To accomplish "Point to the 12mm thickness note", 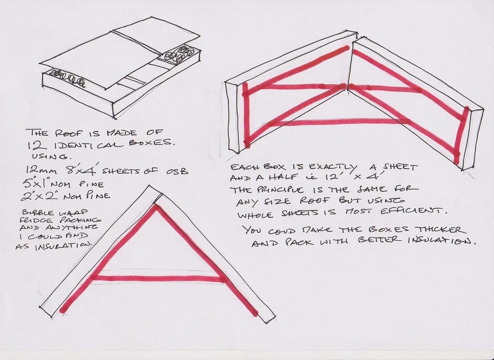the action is pyautogui.click(x=42, y=171).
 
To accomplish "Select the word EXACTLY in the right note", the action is pyautogui.click(x=333, y=167).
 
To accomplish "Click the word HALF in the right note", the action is pyautogui.click(x=273, y=179).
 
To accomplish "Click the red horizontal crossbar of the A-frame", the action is pyautogui.click(x=158, y=278).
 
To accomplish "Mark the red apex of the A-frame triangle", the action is pyautogui.click(x=155, y=207).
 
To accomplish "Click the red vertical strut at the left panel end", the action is pyautogui.click(x=246, y=115).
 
